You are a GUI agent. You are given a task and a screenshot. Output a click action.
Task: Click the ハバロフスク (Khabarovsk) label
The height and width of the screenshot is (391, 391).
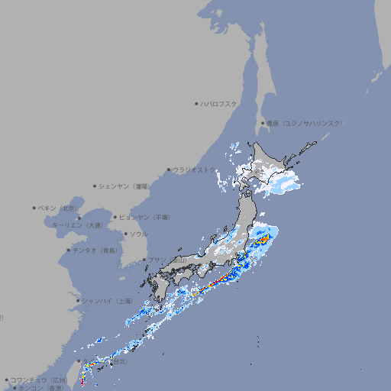219,103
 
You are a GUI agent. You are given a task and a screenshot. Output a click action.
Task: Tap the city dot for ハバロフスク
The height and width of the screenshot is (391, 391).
196,103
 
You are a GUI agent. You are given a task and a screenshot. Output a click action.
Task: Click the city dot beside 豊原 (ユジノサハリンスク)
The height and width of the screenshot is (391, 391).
263,123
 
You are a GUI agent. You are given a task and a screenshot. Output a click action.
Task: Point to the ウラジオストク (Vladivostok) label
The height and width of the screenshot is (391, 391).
194,170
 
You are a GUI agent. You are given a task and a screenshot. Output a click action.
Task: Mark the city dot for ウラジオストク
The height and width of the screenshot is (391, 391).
169,170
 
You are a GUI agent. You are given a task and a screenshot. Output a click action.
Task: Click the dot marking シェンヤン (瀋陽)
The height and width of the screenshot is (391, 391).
95,186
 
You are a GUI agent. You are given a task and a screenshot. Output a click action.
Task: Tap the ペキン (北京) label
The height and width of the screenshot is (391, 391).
59,208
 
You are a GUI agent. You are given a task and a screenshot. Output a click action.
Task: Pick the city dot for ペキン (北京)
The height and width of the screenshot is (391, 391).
34,208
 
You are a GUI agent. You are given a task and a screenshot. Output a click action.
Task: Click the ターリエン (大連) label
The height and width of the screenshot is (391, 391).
77,226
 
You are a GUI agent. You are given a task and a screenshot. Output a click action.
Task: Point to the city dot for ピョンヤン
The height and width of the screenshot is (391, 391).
115,217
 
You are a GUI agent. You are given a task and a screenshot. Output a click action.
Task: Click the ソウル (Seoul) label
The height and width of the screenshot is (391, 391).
138,234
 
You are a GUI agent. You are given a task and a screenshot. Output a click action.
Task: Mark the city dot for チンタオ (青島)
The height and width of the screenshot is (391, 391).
68,250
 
